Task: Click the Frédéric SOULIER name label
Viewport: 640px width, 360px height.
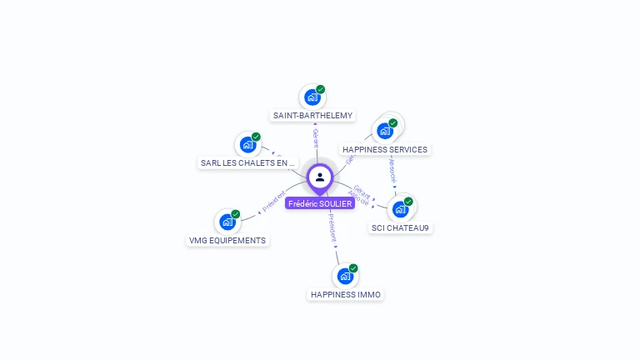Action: point(320,203)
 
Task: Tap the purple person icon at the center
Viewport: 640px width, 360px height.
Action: point(320,177)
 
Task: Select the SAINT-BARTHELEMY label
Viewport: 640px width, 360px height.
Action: point(312,116)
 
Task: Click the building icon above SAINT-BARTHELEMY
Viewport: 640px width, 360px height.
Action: point(312,97)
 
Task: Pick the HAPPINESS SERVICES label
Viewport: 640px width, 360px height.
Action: point(385,150)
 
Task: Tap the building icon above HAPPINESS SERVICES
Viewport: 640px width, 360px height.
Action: point(384,130)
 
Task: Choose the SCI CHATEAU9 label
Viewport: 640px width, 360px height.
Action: point(401,227)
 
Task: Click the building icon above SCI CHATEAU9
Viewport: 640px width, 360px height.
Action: point(400,208)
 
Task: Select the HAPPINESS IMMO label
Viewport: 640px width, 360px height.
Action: point(346,294)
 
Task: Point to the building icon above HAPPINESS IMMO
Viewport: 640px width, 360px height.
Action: point(345,276)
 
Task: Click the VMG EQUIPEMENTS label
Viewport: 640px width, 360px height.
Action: point(227,241)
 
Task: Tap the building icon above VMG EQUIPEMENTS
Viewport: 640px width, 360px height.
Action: point(227,222)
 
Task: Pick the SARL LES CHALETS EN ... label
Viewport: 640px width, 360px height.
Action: point(248,163)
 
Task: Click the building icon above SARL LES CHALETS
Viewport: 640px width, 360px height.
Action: point(247,144)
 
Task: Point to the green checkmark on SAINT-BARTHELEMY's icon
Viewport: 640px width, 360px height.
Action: point(321,89)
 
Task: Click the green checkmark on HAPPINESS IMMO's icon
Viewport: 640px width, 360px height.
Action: point(353,268)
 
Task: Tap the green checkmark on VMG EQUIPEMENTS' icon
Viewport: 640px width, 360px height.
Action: point(236,214)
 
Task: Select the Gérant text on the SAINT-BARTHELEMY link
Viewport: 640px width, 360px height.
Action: point(316,137)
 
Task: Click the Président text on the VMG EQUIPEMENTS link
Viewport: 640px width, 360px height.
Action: point(273,202)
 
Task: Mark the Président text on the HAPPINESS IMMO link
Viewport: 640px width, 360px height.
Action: point(332,227)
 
